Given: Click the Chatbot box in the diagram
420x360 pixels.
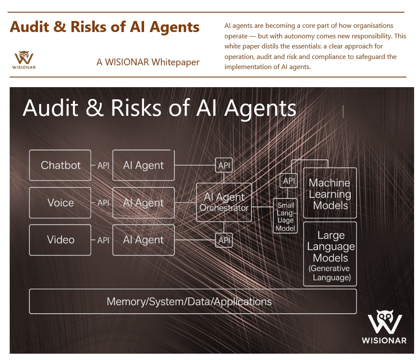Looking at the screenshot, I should (x=60, y=165).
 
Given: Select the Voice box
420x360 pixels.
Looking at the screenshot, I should (x=60, y=203).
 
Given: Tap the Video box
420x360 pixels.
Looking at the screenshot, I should (x=60, y=240).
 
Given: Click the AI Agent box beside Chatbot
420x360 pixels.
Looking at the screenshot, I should (x=143, y=165).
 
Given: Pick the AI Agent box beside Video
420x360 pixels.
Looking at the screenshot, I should (x=143, y=240).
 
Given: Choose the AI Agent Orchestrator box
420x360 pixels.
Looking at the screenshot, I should (x=224, y=202).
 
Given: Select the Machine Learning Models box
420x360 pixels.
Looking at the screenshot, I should (x=329, y=194).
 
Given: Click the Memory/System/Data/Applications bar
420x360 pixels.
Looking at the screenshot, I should (x=193, y=301).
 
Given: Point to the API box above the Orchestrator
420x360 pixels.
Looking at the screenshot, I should (x=224, y=165).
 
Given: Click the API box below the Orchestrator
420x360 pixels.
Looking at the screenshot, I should (x=224, y=240).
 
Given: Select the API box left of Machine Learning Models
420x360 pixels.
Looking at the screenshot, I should (x=289, y=181).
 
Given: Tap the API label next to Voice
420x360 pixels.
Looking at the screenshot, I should (x=103, y=203).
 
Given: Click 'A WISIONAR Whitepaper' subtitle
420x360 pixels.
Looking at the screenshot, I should (x=148, y=62).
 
